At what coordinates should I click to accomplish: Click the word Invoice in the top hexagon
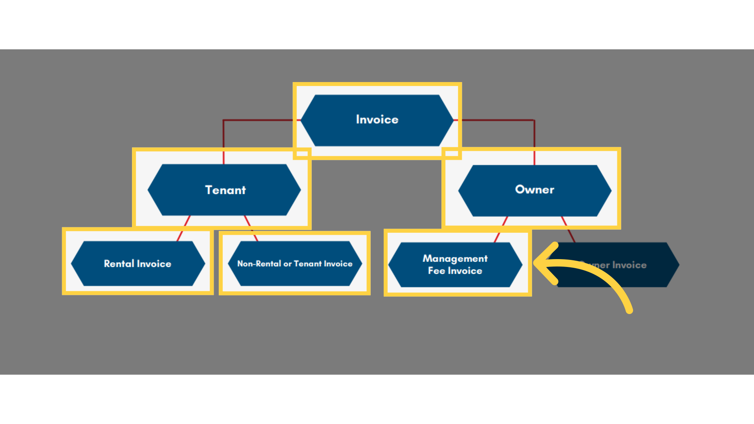(x=377, y=119)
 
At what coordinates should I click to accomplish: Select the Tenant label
(x=225, y=190)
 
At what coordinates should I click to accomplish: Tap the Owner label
(x=534, y=190)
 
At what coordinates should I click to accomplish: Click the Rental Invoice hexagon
(x=137, y=263)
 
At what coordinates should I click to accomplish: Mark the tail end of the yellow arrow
(x=629, y=310)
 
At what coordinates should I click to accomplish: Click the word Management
(x=455, y=258)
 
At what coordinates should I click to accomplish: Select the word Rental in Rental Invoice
(x=119, y=263)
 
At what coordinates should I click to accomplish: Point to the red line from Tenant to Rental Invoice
(x=183, y=228)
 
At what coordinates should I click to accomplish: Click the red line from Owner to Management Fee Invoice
(x=501, y=229)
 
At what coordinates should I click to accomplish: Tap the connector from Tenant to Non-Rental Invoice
(x=251, y=228)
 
